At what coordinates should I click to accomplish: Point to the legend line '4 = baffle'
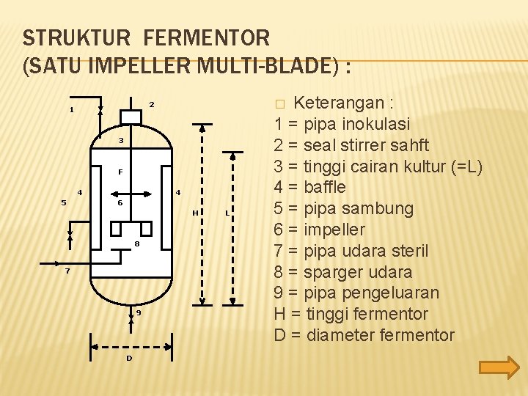[309, 187]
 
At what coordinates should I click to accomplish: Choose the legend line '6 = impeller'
[319, 230]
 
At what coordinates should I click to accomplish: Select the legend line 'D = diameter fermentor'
[364, 335]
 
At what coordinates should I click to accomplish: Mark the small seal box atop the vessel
[131, 117]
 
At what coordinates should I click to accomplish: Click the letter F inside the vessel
[120, 172]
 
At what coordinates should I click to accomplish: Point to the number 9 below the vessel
[138, 313]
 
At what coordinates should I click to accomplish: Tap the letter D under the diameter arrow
[129, 358]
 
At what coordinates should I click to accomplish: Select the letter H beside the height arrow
[194, 213]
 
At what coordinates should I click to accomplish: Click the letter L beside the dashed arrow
[226, 213]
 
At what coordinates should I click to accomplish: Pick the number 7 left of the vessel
[67, 271]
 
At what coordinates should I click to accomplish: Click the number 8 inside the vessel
[136, 243]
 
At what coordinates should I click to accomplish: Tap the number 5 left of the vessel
[64, 203]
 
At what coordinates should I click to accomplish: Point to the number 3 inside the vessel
[121, 140]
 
